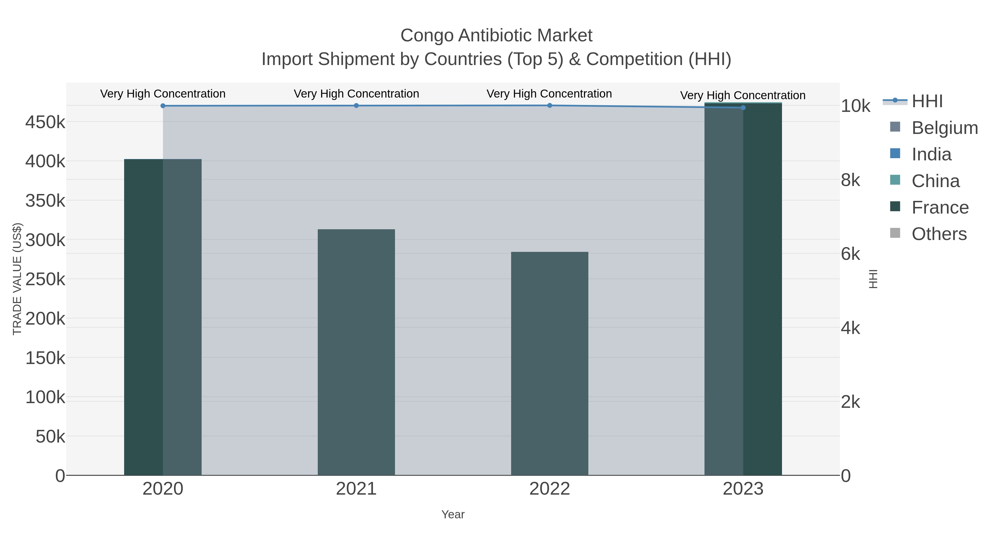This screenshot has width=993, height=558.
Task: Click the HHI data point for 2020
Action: [x=163, y=106]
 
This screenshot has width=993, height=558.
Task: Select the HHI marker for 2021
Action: [x=356, y=106]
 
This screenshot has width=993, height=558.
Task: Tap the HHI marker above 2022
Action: [x=550, y=106]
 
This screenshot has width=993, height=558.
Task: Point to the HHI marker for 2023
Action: [x=743, y=108]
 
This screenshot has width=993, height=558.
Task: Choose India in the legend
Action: [x=931, y=154]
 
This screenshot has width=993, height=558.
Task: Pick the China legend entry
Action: [x=935, y=181]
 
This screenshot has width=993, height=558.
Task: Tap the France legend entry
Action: [x=940, y=207]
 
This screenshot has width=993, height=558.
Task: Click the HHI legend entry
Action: [x=927, y=101]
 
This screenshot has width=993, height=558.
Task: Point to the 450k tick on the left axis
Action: [x=45, y=122]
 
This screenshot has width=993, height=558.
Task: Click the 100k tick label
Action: [x=45, y=397]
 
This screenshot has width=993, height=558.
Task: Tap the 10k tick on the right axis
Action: [x=855, y=106]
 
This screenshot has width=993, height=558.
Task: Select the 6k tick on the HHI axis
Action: [x=850, y=254]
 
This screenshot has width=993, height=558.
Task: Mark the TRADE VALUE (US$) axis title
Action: [x=17, y=279]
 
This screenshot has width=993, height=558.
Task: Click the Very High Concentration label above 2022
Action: [x=549, y=94]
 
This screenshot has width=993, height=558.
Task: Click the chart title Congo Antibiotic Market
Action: [x=496, y=36]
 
